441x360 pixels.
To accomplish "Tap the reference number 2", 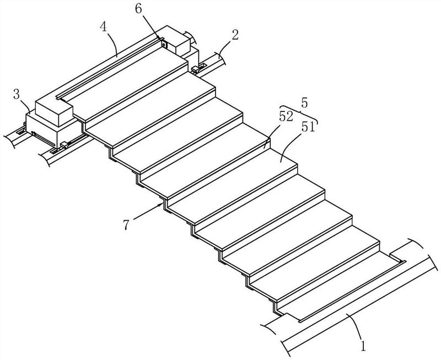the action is [235, 37].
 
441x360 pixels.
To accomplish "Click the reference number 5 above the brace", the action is [305, 103].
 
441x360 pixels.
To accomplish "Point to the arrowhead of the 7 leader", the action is [163, 203].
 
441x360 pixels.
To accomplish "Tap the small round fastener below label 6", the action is [164, 44].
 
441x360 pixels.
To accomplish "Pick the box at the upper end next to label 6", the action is [179, 41].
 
